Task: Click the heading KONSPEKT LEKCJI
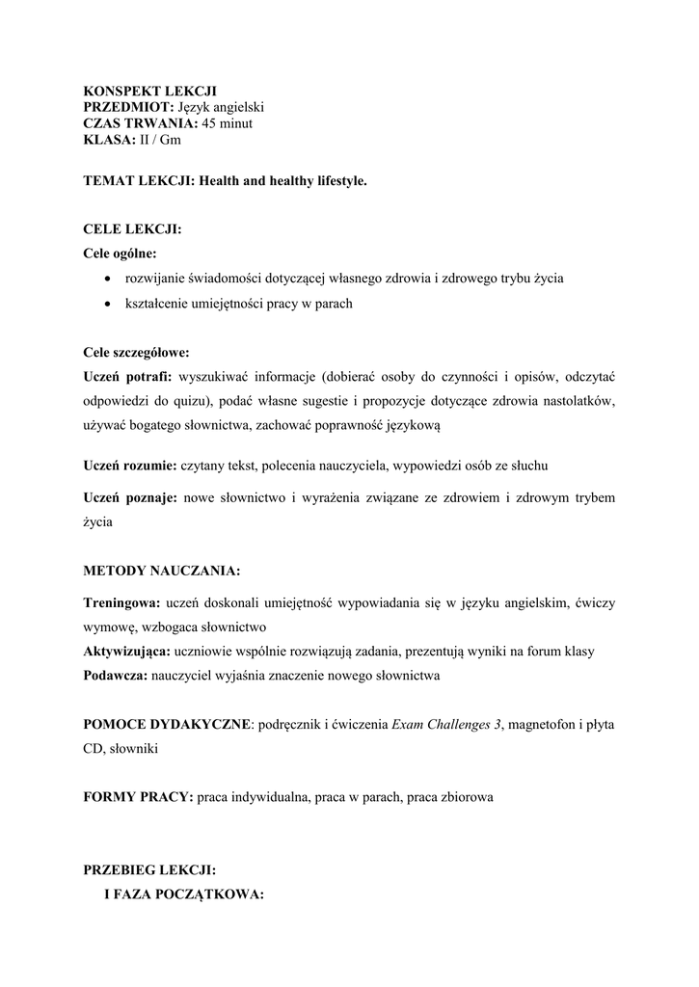149,90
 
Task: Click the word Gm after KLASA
170,139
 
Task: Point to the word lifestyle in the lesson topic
336,180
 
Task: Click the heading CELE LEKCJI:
132,229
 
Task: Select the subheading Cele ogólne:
121,253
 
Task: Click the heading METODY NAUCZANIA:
162,571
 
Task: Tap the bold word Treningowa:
121,602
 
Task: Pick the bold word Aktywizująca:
124,652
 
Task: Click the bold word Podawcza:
116,676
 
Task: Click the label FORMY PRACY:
138,798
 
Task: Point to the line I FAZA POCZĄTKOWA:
183,894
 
